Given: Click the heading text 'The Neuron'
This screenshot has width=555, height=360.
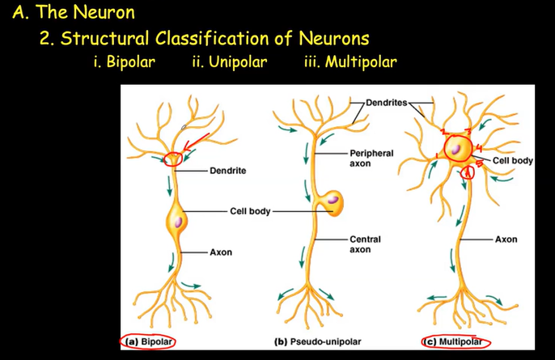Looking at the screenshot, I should coord(83,13).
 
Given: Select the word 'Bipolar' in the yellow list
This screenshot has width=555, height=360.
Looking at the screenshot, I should coord(130,62).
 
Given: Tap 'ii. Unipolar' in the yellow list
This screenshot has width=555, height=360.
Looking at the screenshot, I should coord(230,62).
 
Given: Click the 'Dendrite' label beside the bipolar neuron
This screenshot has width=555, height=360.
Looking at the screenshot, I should coord(227,171).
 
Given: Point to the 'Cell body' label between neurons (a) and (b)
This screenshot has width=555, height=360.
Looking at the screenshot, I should coord(250,211).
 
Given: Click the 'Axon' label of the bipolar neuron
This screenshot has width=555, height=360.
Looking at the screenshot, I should coord(221,252).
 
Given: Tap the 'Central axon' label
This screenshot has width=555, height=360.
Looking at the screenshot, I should coord(365,244).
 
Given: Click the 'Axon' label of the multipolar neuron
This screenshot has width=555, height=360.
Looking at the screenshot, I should coord(506,239).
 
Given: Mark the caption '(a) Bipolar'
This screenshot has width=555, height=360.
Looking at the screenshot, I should coord(150,341).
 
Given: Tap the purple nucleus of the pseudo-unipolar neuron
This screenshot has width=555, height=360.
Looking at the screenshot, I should coord(333,199).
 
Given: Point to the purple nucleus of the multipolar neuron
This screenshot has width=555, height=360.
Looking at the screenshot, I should coord(457,149).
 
